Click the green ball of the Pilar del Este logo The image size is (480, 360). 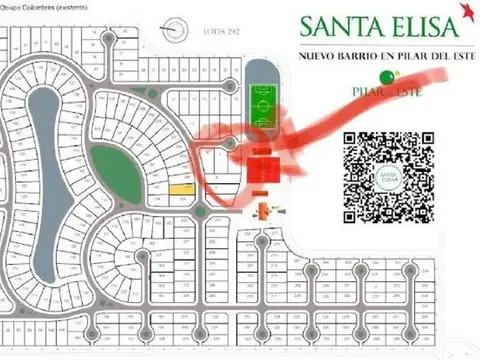click(381, 74)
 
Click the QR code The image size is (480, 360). click(388, 175)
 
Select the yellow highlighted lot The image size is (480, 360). click(181, 187)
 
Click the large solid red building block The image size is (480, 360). click(265, 171)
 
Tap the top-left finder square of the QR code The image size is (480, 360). click(354, 142)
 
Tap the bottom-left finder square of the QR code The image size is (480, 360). click(354, 209)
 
